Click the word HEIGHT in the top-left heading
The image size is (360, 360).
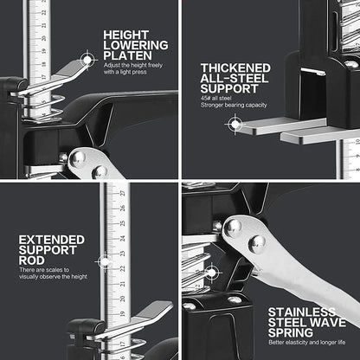coord(125,35)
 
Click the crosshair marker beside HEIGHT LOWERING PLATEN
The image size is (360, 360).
coord(87,59)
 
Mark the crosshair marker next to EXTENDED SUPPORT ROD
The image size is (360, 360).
coord(106,260)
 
